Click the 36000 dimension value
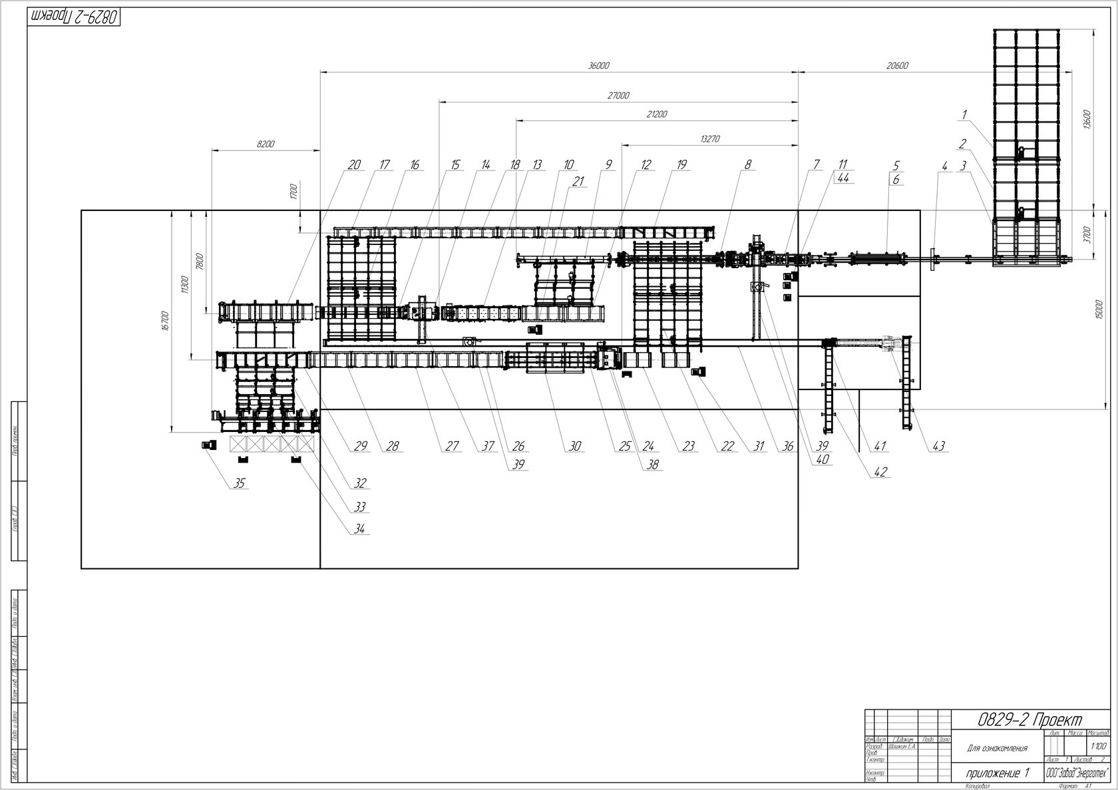click(x=599, y=65)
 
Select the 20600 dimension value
click(x=897, y=65)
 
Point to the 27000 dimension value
click(x=618, y=96)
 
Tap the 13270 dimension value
click(x=709, y=139)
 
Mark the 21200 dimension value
click(x=656, y=114)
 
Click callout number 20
click(x=354, y=165)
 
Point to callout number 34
click(x=361, y=529)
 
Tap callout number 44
click(x=842, y=178)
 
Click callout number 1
click(x=965, y=114)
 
